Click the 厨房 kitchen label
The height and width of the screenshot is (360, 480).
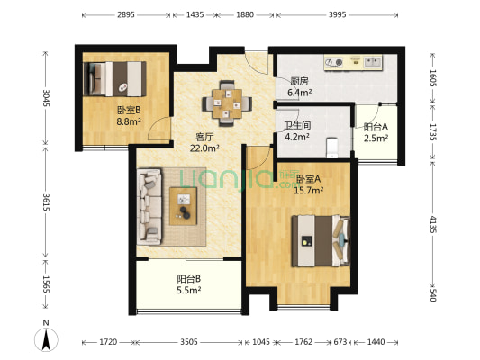(299, 80)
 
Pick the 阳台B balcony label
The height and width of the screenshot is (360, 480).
(189, 279)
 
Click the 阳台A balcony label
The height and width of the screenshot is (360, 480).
(376, 128)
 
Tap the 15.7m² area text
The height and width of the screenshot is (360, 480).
(308, 190)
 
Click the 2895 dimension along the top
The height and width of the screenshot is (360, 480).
(125, 15)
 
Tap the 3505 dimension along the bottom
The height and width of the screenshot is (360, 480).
(189, 342)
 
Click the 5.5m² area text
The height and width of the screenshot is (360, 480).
(189, 291)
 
